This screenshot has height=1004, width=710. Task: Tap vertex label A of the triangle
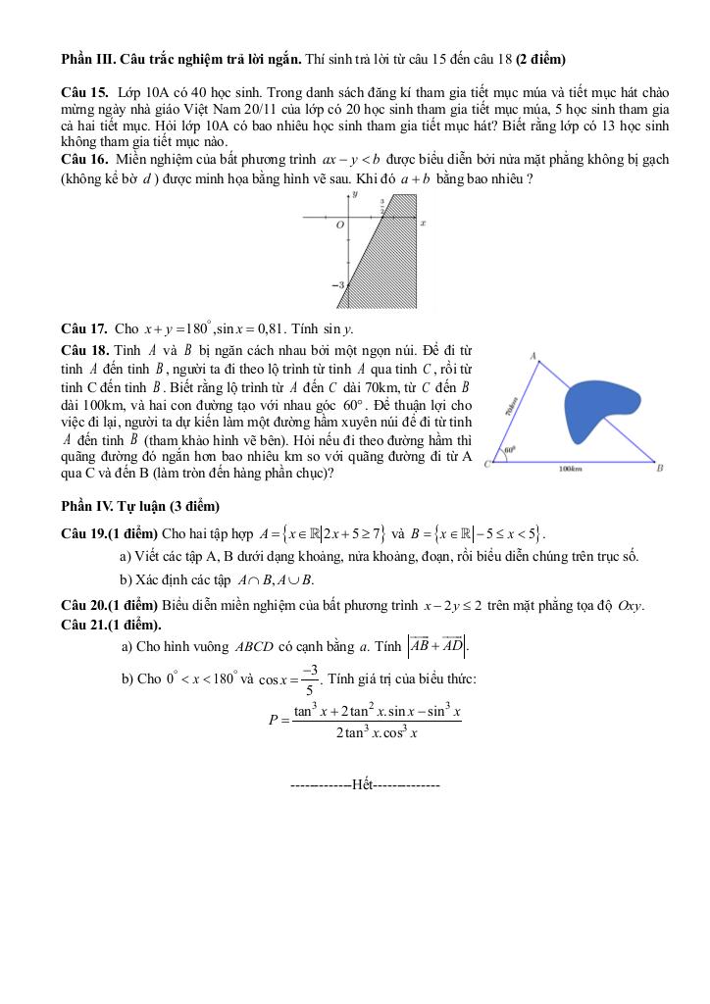coord(532,357)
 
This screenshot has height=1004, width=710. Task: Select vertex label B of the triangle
coord(660,469)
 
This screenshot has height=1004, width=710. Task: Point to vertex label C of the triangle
coord(487,464)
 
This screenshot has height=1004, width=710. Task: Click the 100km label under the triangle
coord(571,470)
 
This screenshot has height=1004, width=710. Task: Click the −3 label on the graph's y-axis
coord(339,284)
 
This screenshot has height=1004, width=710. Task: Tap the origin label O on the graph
coord(339,225)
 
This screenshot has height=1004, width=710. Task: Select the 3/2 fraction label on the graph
coord(381,204)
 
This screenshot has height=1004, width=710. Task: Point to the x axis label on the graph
coord(423,224)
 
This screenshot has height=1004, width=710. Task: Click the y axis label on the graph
coord(354,195)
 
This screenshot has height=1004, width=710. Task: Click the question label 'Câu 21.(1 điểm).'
coord(112,626)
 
